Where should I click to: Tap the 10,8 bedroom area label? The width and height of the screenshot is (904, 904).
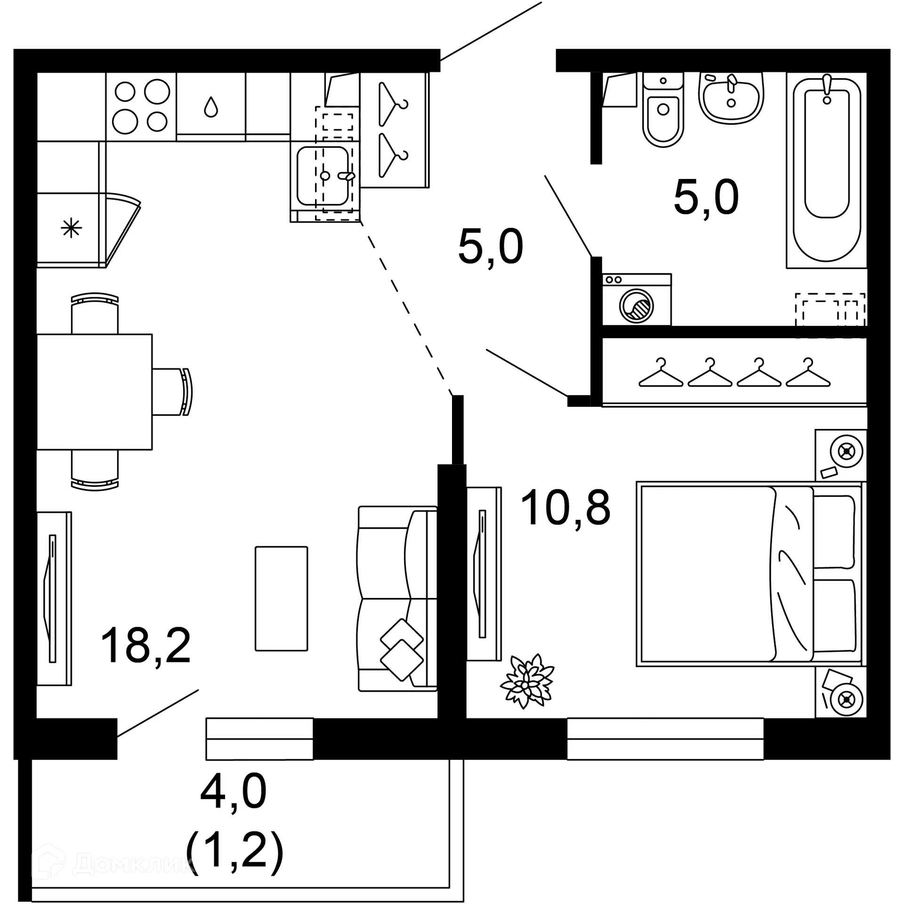565,507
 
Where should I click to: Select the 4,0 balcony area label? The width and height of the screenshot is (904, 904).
234,792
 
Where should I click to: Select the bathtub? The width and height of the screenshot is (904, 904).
827,169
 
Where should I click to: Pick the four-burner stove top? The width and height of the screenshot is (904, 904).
141,106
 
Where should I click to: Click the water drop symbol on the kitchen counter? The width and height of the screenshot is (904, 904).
211,107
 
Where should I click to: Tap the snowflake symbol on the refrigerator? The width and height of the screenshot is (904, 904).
71,228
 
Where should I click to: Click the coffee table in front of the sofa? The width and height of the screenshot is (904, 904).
281,598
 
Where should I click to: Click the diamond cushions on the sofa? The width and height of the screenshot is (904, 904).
402,649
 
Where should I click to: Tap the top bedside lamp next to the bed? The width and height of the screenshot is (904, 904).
847,452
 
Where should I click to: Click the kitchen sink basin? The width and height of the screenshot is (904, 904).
323,176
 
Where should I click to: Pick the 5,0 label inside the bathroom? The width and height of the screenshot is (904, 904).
706,197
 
